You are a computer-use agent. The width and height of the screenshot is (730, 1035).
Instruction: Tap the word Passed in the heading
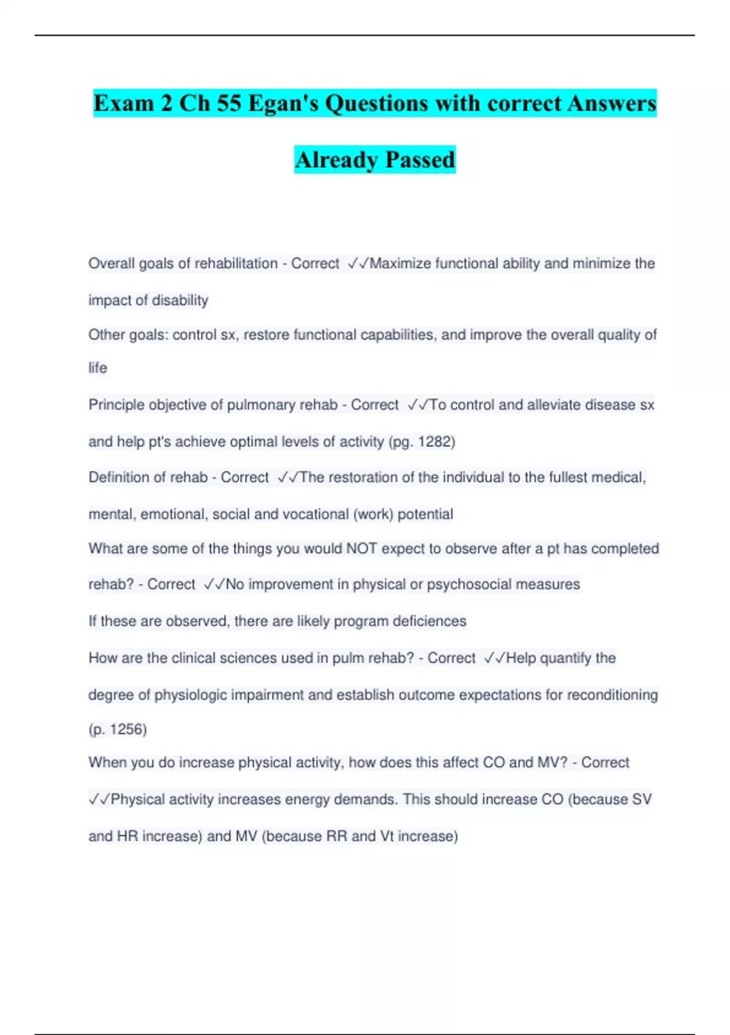click(420, 160)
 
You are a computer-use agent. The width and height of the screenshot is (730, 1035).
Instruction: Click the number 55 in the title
click(229, 103)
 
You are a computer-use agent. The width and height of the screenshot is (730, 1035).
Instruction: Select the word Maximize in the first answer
click(400, 264)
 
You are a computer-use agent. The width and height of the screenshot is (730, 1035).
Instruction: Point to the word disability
click(179, 300)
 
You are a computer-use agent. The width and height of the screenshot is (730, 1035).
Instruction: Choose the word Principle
click(117, 405)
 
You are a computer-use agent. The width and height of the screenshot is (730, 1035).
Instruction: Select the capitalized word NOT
click(361, 549)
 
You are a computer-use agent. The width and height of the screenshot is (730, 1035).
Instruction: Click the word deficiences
click(429, 621)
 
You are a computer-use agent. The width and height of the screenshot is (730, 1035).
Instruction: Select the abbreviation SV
click(642, 799)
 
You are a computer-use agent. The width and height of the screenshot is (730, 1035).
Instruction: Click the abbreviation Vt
click(387, 836)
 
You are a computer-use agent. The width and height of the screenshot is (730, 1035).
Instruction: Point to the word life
click(97, 368)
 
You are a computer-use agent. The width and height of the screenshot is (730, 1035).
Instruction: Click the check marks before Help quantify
click(495, 658)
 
